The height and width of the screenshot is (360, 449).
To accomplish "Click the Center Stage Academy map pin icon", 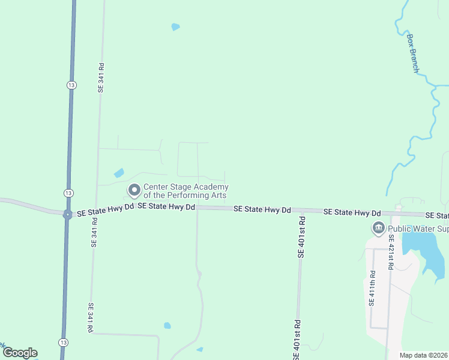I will point(134,190).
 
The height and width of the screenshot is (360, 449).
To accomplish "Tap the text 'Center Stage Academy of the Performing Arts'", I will point(185,191).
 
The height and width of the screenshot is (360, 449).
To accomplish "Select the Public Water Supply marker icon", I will point(378,228).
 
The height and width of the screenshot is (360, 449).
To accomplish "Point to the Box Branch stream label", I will point(413,53).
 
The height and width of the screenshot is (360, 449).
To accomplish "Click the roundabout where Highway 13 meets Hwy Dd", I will point(67,214).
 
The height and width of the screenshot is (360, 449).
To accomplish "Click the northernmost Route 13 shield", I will point(71,85).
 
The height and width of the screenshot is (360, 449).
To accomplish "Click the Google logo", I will point(20,353).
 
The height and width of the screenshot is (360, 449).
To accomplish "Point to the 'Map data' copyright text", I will point(424,355).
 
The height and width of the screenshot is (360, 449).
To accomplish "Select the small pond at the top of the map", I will point(175,27).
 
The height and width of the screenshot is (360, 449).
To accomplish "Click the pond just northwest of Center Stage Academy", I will point(119,173).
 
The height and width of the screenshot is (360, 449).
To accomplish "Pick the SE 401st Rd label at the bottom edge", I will point(297,340).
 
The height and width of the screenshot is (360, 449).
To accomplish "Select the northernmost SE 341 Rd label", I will point(101,77).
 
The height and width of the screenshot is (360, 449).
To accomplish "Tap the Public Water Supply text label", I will point(418,229).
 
